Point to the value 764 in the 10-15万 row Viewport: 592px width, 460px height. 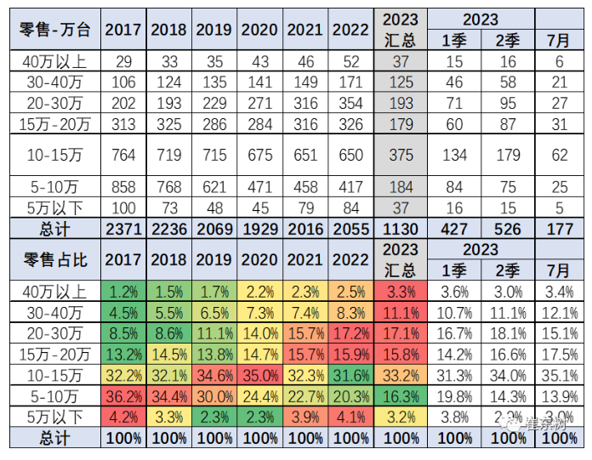[x=122, y=156]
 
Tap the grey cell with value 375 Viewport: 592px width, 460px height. [x=401, y=156]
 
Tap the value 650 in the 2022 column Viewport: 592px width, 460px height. [x=349, y=156]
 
